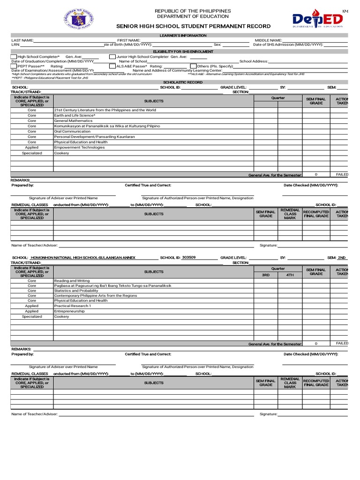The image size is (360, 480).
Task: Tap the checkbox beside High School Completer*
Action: pyautogui.click(x=13, y=56)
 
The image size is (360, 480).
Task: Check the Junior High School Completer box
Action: pyautogui.click(x=112, y=56)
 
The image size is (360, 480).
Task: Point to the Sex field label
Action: pyautogui.click(x=217, y=45)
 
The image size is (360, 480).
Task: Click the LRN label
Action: pyautogui.click(x=15, y=45)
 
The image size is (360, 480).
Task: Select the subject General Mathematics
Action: pyautogui.click(x=73, y=121)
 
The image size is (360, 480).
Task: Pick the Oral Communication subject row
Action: pyautogui.click(x=72, y=132)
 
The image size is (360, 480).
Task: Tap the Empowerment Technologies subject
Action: pyautogui.click(x=79, y=148)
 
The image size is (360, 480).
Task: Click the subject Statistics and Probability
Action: pyautogui.click(x=76, y=291)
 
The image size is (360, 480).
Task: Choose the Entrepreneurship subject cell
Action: pyautogui.click(x=69, y=311)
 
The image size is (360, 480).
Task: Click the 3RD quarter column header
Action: pyautogui.click(x=266, y=275)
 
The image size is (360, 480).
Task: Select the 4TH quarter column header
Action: pyautogui.click(x=290, y=275)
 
